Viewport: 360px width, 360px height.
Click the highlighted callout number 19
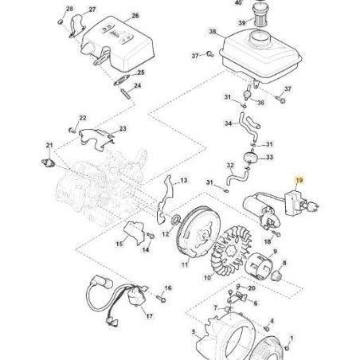pyautogui.click(x=299, y=182)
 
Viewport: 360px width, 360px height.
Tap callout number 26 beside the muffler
pyautogui.click(x=134, y=15)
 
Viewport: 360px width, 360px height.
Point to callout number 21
pyautogui.click(x=49, y=144)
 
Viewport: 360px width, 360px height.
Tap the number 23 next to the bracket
pyautogui.click(x=122, y=127)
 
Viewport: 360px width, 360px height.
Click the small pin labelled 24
pyautogui.click(x=125, y=91)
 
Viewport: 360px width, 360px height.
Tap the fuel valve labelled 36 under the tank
pyautogui.click(x=246, y=100)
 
